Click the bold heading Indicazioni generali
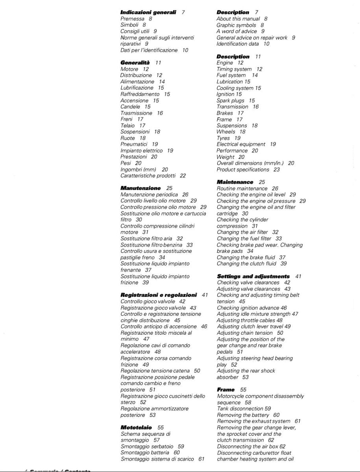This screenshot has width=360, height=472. pos(148,12)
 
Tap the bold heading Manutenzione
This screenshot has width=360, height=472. pos(140,188)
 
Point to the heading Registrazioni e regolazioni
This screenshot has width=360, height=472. pos(159,295)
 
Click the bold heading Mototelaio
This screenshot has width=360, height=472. pos(136,427)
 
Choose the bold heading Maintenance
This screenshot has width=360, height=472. pos(235,182)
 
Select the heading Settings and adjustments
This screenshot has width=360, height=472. pos(253,277)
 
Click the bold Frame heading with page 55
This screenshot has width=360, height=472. pos(226,389)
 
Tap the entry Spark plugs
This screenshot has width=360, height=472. pos(230,101)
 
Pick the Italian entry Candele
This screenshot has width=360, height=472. pos(129,107)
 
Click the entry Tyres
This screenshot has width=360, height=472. pos(223,138)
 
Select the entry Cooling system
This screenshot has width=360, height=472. pos(234,88)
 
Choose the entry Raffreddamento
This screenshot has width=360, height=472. pos(140,94)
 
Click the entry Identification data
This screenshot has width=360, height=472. pos(238,44)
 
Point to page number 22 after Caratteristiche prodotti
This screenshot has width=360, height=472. pos(183,176)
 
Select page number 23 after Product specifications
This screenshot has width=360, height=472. pos(277,170)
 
